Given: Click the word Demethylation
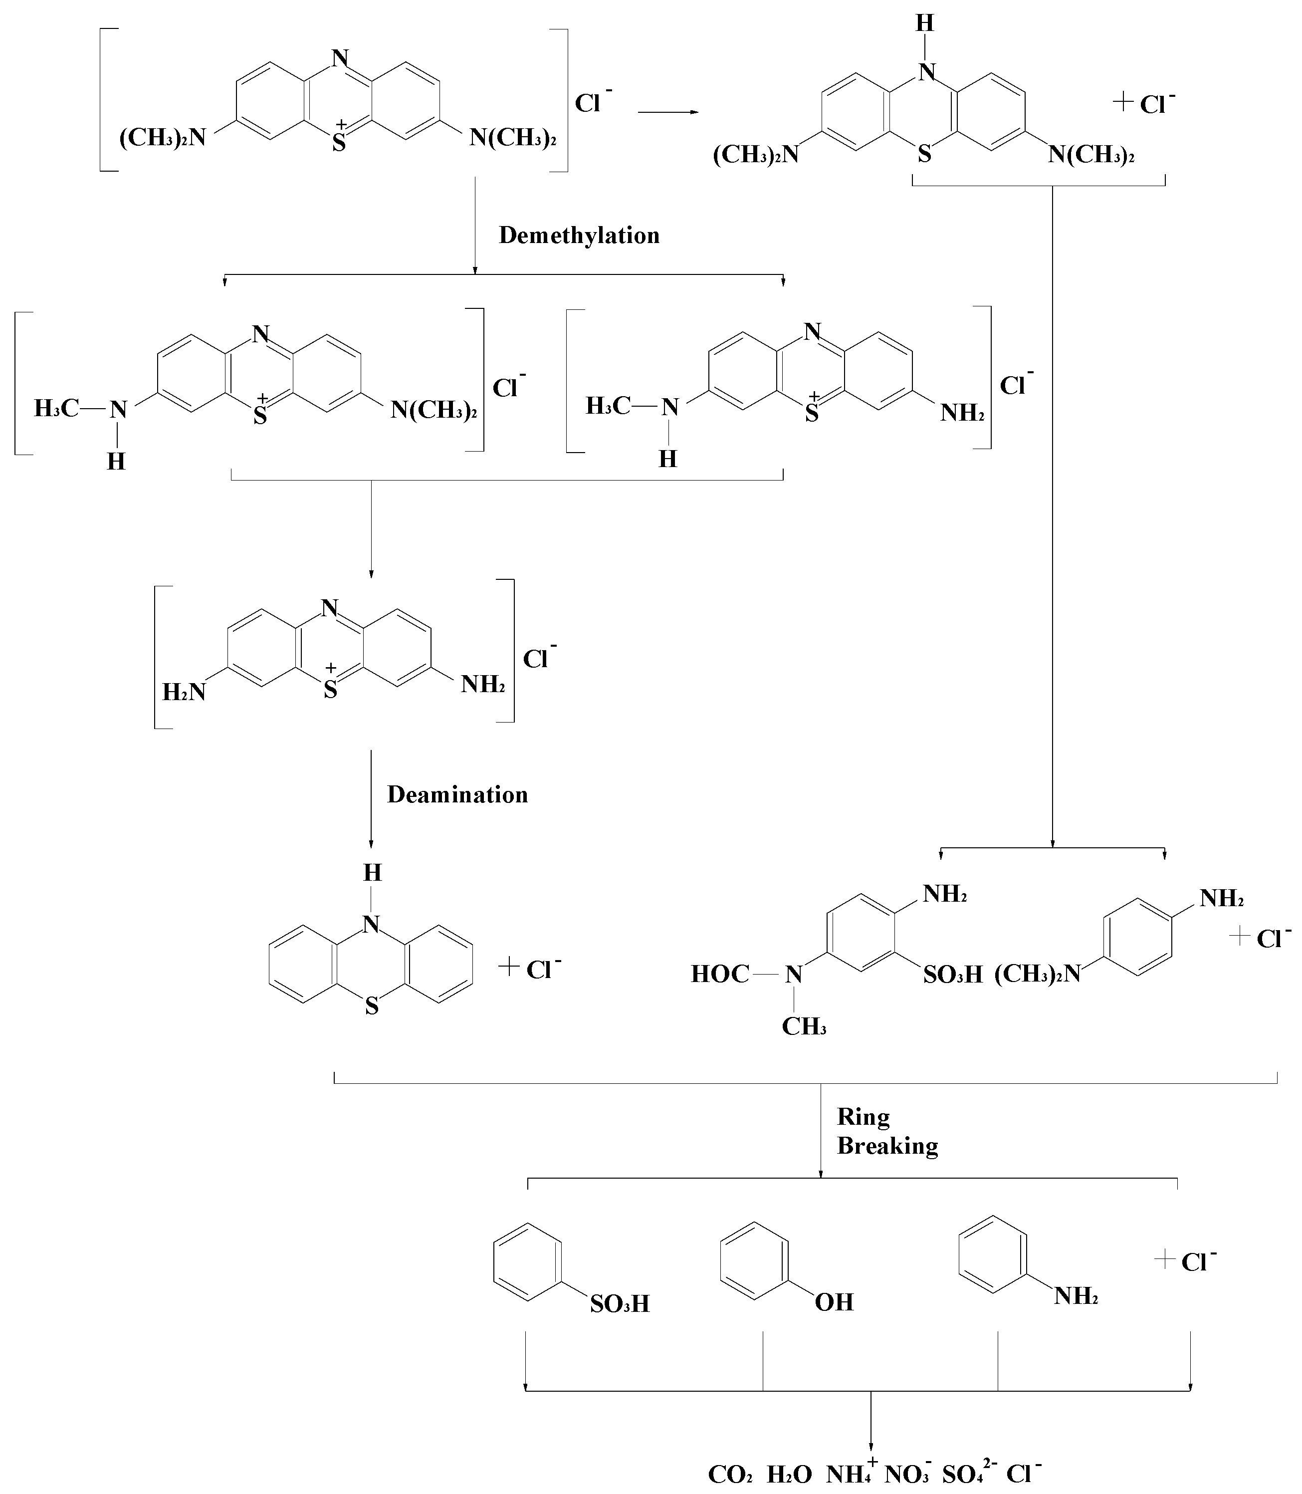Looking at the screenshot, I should click(579, 236).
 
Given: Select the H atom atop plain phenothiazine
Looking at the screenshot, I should click(372, 873).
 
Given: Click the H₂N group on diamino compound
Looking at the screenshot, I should click(184, 692).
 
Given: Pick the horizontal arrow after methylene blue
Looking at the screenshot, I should click(667, 113).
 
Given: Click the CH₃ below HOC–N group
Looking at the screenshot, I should click(804, 1026).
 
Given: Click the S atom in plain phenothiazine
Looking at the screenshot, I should click(372, 1007).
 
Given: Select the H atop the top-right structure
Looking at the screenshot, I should click(924, 23).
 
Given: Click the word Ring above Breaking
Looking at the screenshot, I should click(863, 1117).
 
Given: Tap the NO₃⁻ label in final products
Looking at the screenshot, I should click(907, 1474).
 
